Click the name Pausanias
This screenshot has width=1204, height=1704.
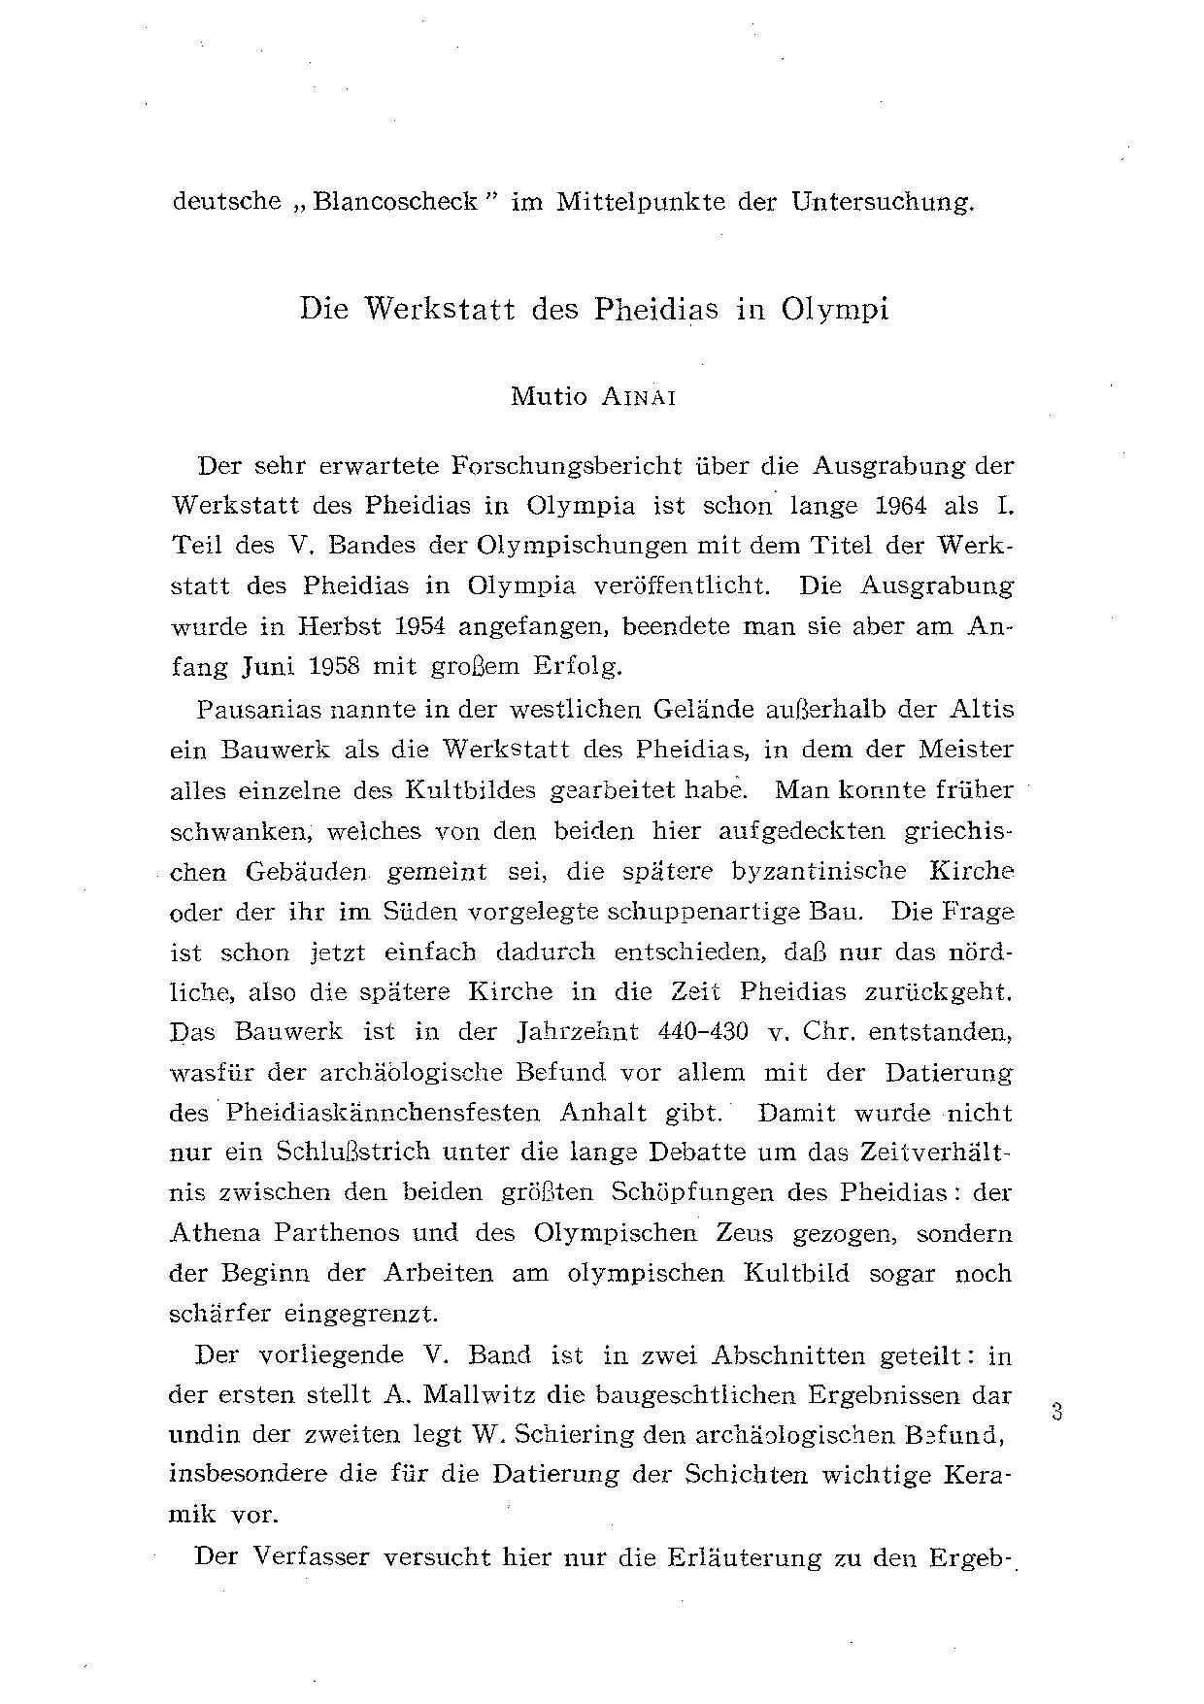(251, 708)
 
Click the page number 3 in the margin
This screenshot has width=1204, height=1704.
(1057, 1411)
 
